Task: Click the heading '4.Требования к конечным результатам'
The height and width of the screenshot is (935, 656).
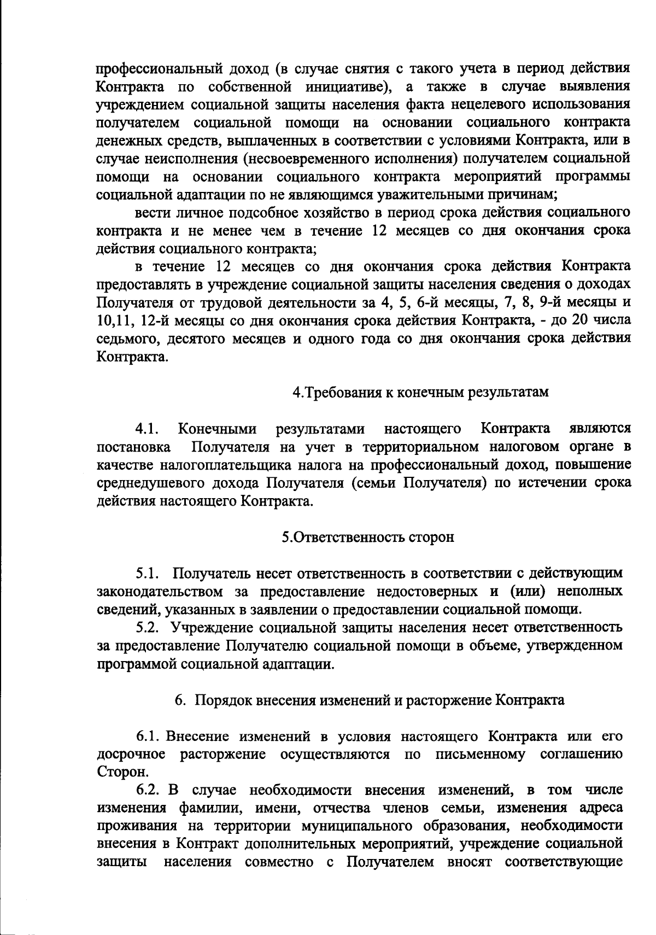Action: pyautogui.click(x=420, y=393)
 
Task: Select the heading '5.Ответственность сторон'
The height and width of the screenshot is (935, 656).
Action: pyautogui.click(x=368, y=537)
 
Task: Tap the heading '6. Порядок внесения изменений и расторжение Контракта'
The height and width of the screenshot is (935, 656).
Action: pyautogui.click(x=369, y=700)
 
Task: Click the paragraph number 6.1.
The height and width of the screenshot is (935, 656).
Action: pyautogui.click(x=148, y=737)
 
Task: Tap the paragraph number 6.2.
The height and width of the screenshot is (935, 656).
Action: pyautogui.click(x=148, y=790)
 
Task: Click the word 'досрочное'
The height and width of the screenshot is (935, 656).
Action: pyautogui.click(x=131, y=755)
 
